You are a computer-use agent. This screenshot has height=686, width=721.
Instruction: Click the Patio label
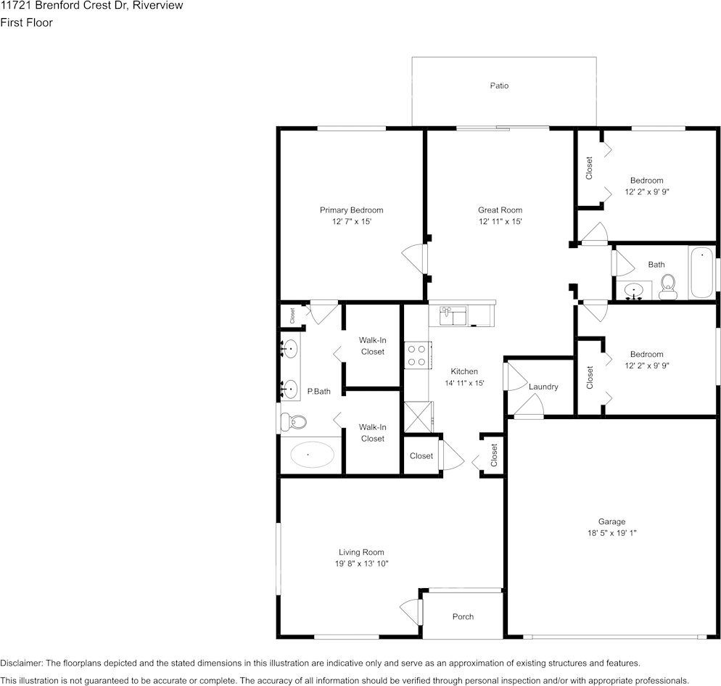[x=499, y=86]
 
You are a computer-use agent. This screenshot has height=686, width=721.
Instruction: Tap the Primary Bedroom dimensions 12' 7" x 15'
[x=352, y=222]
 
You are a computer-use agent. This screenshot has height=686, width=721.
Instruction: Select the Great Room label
[x=500, y=210]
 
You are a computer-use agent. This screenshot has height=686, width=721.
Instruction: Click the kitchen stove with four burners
[x=418, y=355]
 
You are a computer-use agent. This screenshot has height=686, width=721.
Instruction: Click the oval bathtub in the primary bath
[x=308, y=455]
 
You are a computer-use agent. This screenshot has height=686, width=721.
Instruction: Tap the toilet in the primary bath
[x=293, y=421]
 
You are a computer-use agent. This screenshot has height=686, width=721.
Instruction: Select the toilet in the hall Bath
[x=667, y=287]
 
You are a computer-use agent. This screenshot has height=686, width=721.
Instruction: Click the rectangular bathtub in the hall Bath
[x=701, y=272]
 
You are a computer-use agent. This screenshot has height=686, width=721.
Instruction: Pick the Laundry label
[x=543, y=387]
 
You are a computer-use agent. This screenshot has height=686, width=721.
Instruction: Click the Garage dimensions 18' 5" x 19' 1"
[x=611, y=533]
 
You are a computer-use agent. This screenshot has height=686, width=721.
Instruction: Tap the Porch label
[x=463, y=616]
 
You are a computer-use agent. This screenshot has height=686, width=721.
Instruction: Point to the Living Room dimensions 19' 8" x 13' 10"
[x=361, y=563]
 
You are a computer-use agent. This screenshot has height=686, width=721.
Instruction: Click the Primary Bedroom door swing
[x=414, y=259]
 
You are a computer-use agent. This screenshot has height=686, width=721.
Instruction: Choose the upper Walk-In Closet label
[x=372, y=346]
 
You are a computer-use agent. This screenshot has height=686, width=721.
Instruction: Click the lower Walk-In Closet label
[x=372, y=433]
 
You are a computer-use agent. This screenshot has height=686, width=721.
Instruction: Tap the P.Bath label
[x=318, y=392]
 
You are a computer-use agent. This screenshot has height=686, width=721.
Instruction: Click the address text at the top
[x=91, y=6]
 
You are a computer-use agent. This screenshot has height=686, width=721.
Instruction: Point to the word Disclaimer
[x=21, y=663]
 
